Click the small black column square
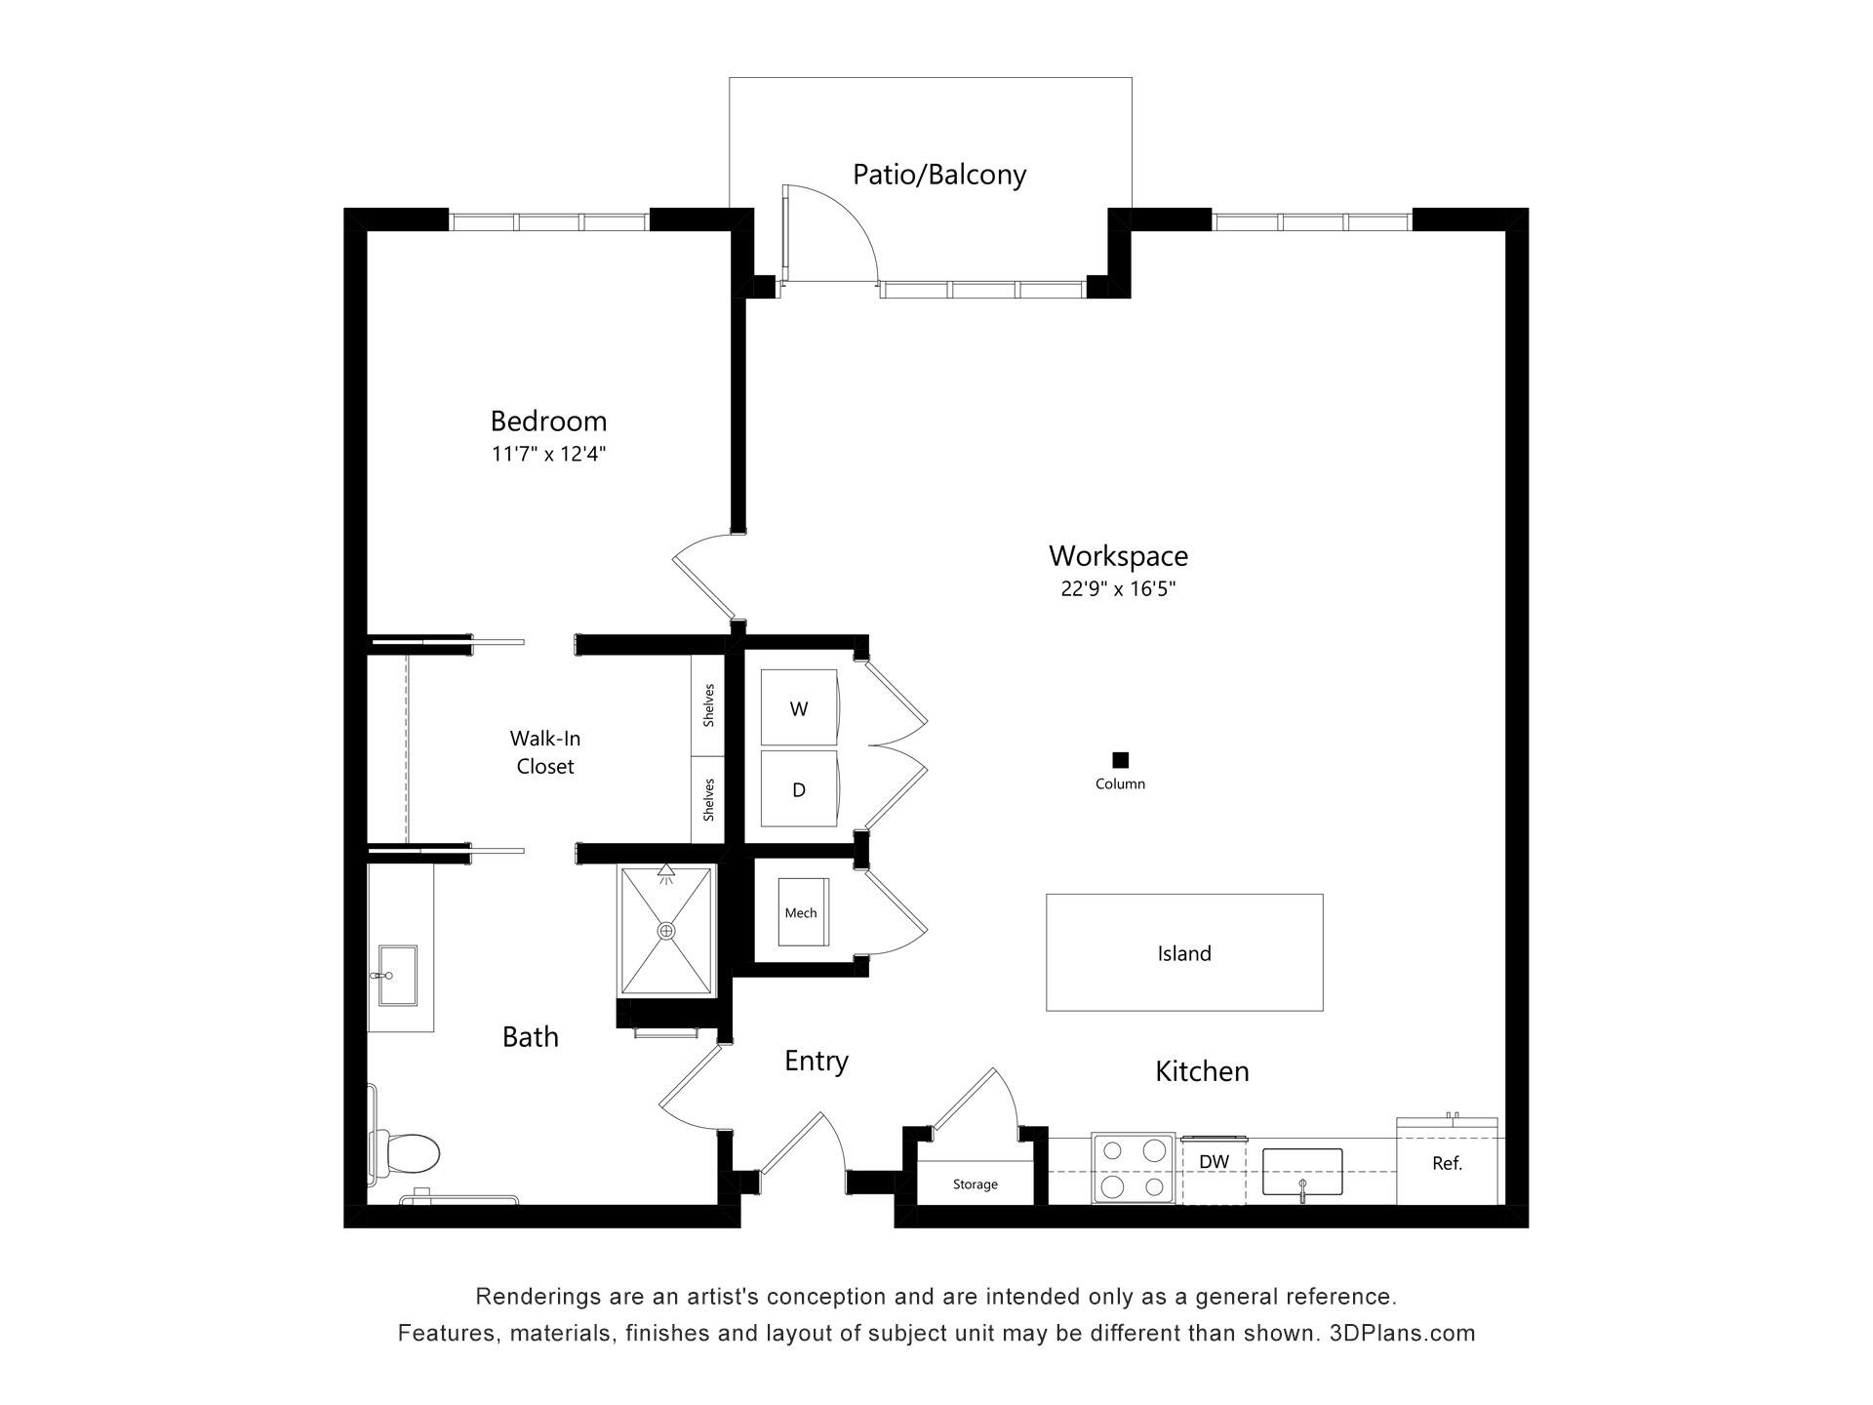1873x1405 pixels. [1121, 760]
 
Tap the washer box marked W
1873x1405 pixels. [799, 707]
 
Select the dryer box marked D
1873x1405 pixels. [799, 788]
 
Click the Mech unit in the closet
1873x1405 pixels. [803, 912]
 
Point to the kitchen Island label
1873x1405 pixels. [1184, 953]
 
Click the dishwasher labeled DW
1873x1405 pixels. [1214, 1170]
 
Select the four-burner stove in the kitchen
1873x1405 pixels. [1133, 1168]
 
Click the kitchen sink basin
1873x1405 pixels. [1302, 1171]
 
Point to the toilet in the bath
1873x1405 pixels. [405, 1153]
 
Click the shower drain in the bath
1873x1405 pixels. [667, 931]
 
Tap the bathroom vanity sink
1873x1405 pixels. [397, 975]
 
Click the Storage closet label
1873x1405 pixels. [976, 1184]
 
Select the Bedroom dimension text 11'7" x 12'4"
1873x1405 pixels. [549, 454]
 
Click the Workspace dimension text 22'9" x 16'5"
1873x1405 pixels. [1119, 588]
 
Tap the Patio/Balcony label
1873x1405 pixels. [939, 175]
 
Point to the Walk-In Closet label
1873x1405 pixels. [545, 752]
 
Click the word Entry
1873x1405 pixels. [817, 1062]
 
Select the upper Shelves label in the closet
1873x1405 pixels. [709, 704]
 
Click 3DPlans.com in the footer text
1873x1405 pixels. [1403, 1333]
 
